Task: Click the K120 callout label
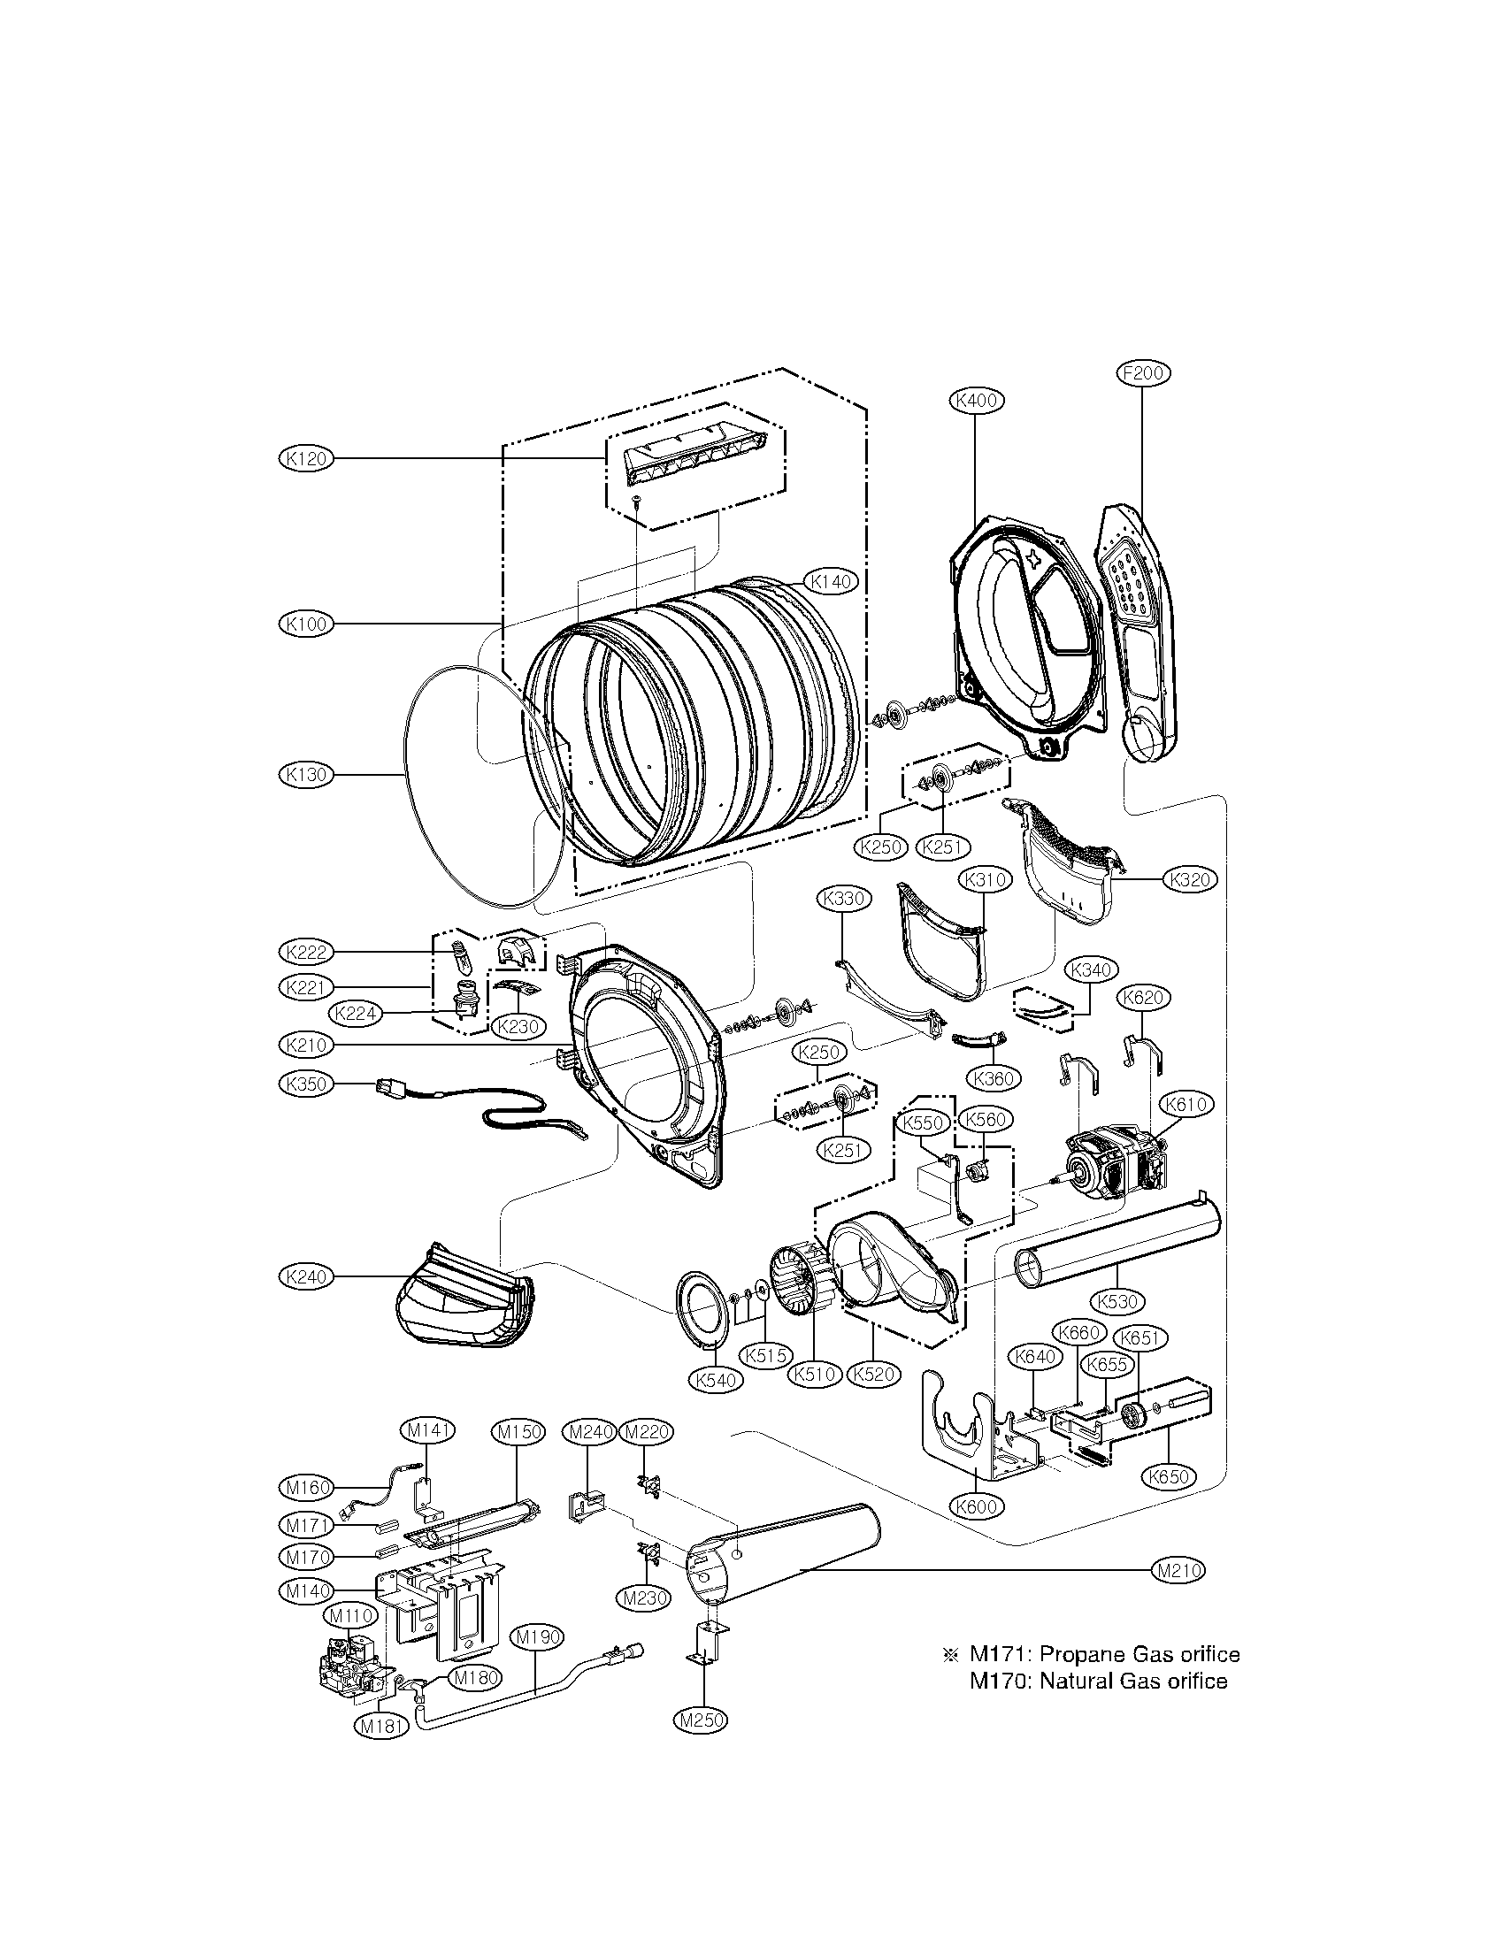pos(304,458)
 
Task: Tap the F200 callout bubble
pos(1143,372)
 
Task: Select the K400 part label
pos(976,401)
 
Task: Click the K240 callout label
pos(304,1276)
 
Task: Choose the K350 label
pos(304,1084)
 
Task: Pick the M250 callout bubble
pos(702,1745)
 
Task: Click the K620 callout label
pos(1144,997)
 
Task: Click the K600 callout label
pos(978,1506)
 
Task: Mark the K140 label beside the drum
pos(831,582)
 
